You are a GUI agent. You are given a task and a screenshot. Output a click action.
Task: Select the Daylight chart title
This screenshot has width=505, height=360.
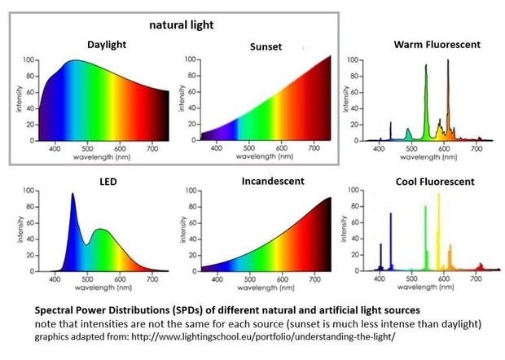(109, 44)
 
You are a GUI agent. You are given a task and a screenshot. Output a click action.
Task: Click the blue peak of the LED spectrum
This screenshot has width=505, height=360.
(72, 195)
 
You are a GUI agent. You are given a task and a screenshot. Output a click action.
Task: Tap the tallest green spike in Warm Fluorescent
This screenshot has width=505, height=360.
(426, 67)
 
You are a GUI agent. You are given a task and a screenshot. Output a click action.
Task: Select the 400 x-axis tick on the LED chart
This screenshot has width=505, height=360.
(55, 279)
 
